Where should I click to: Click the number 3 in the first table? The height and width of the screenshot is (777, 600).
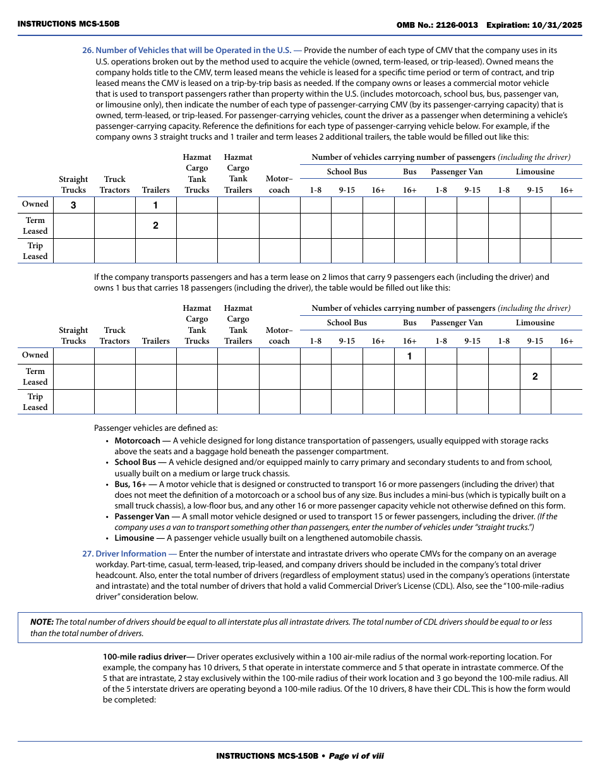pos(73,205)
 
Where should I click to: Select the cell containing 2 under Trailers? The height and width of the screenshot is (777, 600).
pos(155,226)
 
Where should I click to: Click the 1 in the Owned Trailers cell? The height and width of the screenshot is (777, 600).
pos(155,205)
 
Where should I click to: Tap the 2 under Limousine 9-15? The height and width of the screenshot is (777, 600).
pos(535,376)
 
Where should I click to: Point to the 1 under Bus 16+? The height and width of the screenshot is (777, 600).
pos(409,356)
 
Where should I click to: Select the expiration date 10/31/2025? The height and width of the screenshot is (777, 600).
pos(555,25)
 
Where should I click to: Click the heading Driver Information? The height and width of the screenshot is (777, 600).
pos(131,553)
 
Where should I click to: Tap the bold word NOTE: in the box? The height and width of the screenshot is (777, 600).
pos(42,622)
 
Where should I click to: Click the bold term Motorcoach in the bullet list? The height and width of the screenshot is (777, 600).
pos(137,440)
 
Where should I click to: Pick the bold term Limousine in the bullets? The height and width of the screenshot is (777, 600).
pos(134,538)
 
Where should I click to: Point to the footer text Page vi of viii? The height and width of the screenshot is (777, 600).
pos(356,756)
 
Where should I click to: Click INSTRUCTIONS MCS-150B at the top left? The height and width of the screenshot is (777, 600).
pos(68,24)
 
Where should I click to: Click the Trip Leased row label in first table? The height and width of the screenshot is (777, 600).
pos(35,251)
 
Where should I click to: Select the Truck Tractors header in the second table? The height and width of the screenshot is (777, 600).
pos(114,335)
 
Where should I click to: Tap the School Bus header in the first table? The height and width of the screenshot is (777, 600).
pos(347,172)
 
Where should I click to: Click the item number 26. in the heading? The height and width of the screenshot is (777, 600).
pos(88,50)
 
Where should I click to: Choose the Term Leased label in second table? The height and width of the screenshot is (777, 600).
pos(35,376)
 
